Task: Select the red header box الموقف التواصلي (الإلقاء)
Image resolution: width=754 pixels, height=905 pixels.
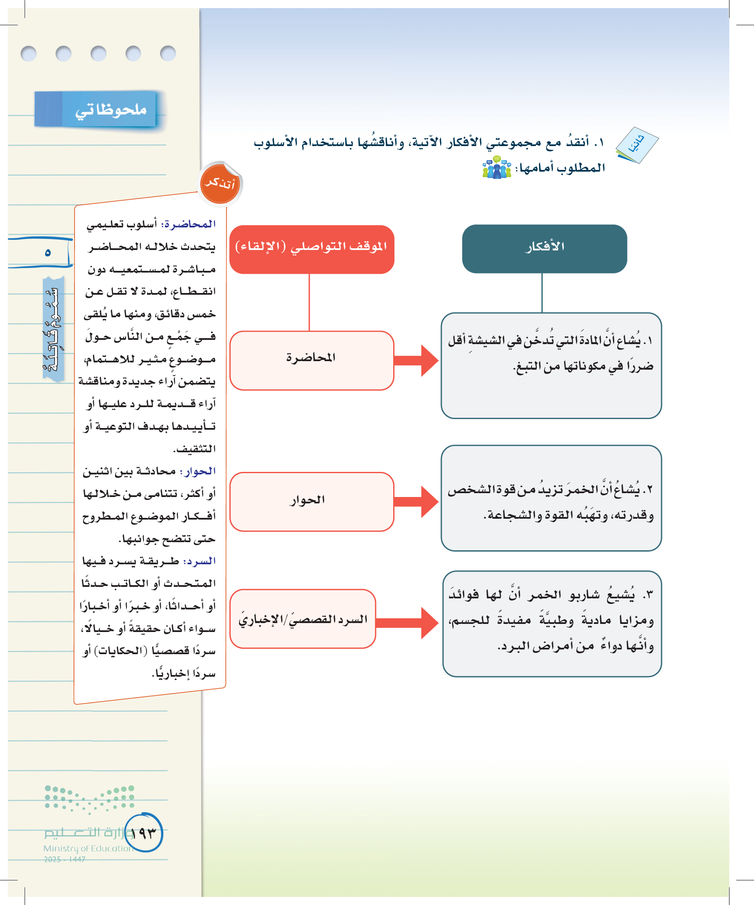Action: (x=311, y=249)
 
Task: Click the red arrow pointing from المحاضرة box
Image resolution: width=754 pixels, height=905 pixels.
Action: (x=416, y=360)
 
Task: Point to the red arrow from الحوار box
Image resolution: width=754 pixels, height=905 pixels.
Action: (x=416, y=501)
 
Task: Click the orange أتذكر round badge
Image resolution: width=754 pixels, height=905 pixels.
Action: (x=220, y=184)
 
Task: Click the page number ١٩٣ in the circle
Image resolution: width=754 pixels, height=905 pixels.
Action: (x=143, y=833)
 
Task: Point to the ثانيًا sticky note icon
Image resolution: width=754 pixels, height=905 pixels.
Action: (x=637, y=145)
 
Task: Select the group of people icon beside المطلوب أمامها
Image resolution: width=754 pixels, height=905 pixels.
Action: (x=497, y=168)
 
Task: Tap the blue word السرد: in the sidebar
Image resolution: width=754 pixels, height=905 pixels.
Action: (x=199, y=561)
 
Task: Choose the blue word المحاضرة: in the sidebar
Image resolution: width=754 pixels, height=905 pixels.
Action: (x=188, y=224)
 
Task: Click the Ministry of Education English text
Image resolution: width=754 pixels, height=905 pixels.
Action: (x=88, y=848)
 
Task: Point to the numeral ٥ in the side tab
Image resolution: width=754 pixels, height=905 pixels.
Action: (x=47, y=253)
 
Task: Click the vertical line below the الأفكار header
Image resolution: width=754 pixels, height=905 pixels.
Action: (x=542, y=293)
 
